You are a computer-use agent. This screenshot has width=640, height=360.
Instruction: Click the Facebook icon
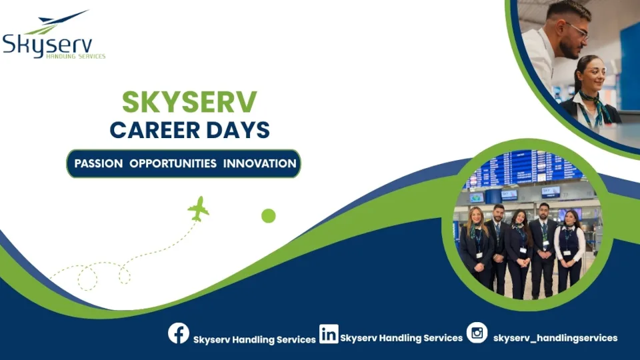click(179, 333)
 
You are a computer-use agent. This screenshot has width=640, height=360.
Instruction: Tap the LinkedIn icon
click(329, 333)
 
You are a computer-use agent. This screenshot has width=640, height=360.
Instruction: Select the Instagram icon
click(477, 332)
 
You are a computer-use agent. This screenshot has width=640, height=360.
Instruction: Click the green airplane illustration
click(198, 209)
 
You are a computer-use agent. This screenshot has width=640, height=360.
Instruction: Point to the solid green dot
click(269, 215)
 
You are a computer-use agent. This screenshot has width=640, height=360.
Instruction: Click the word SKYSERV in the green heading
click(189, 102)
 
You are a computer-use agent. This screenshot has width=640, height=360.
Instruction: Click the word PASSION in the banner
click(99, 163)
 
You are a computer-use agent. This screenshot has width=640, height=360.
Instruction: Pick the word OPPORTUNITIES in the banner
click(173, 163)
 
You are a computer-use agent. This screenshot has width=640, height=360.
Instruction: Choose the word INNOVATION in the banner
click(260, 163)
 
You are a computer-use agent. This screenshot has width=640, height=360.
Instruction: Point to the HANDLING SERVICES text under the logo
click(75, 57)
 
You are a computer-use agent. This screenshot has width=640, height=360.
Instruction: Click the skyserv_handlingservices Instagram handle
click(555, 338)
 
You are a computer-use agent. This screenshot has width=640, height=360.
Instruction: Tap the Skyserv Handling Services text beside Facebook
click(255, 339)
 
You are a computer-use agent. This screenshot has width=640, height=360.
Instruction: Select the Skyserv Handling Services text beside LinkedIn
click(401, 338)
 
